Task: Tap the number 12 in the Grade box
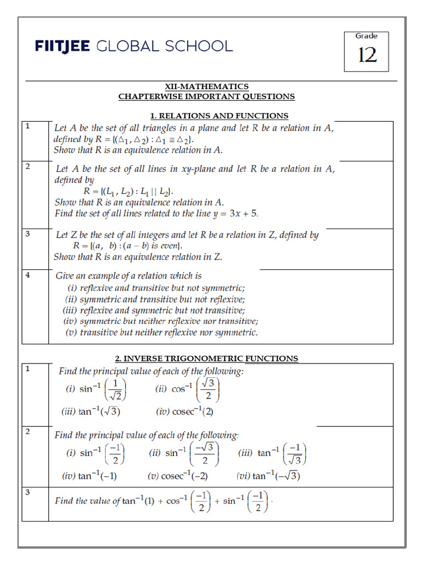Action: [367, 55]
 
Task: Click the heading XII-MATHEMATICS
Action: [207, 86]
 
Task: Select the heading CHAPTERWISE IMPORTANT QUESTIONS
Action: [207, 96]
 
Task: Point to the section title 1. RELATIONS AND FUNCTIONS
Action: [219, 116]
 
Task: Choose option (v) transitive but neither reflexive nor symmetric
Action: [161, 332]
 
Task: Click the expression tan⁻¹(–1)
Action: [90, 476]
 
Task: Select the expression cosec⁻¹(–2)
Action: [178, 476]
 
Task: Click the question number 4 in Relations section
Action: [28, 275]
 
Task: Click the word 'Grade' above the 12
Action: [366, 36]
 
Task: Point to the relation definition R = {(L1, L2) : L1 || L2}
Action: [128, 191]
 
